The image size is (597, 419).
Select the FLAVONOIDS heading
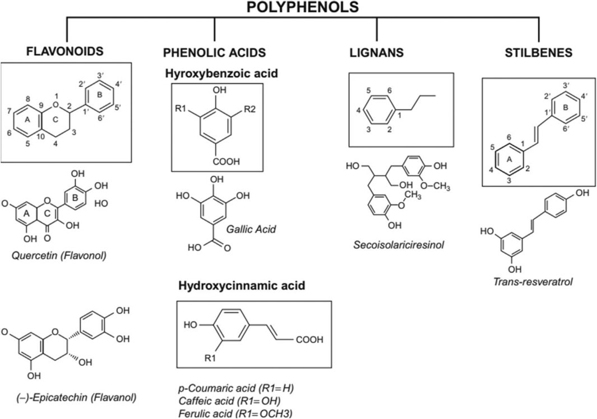(66, 52)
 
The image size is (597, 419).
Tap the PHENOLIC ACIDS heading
(214, 53)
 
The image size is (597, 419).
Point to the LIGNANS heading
(376, 53)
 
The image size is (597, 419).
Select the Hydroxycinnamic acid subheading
(242, 286)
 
